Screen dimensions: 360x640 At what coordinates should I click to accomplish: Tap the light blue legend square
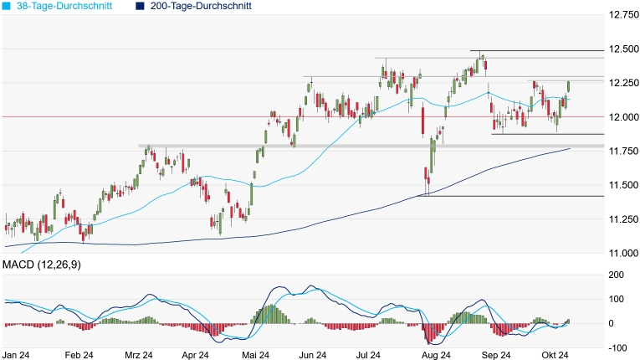point(8,6)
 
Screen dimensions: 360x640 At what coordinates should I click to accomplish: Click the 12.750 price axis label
point(621,14)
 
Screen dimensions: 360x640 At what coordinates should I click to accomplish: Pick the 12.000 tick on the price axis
point(621,116)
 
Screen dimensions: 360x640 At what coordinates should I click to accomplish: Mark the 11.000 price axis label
point(621,253)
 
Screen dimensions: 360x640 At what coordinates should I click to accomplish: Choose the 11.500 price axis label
point(621,185)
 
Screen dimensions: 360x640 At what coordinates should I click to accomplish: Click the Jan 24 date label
point(18,355)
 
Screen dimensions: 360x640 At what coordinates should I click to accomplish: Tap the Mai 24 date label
point(256,355)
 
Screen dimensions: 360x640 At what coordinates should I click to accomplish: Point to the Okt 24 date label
point(554,355)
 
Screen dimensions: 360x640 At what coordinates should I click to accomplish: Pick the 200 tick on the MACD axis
point(617,275)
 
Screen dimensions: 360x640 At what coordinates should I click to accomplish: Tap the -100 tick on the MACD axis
point(617,347)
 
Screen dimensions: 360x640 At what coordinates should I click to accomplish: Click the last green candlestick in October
point(569,86)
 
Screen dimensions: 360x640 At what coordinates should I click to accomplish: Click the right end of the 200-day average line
point(570,148)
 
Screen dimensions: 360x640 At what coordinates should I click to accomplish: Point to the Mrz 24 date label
point(136,355)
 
